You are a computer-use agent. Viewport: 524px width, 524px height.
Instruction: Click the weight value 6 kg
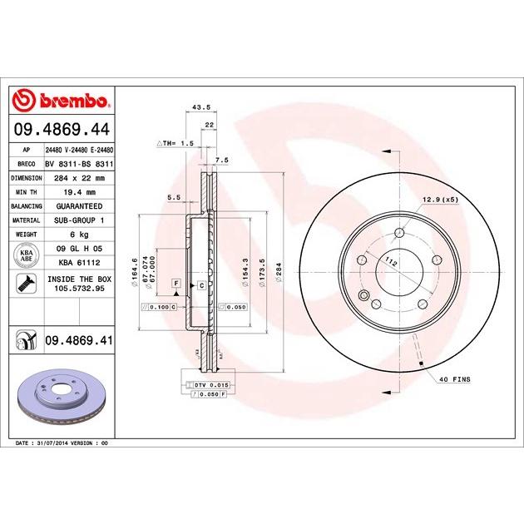[80, 234]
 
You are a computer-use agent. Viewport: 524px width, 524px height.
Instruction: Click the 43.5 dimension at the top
[200, 107]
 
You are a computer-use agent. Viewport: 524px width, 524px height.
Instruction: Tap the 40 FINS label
[454, 379]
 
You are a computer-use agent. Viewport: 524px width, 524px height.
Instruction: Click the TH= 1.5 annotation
[175, 143]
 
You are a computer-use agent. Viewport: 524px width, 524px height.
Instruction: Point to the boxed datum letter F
[176, 284]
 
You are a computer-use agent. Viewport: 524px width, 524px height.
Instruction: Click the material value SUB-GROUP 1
[80, 220]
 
